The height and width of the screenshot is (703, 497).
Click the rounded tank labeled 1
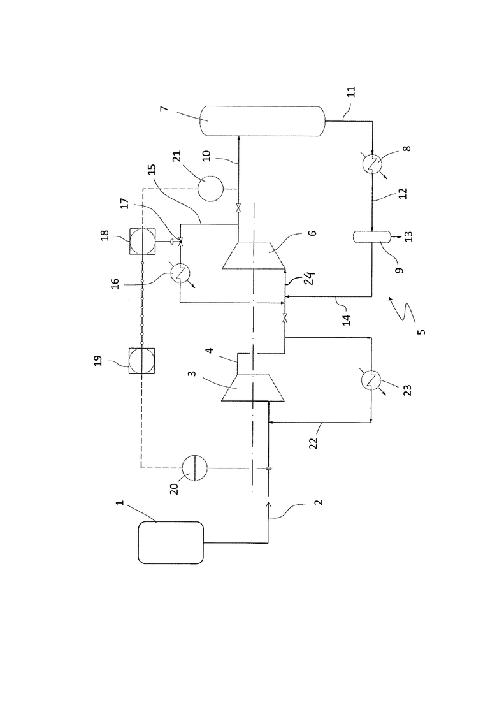click(170, 542)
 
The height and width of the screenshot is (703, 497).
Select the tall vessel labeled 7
click(262, 120)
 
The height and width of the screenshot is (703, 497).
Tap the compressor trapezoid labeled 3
click(253, 387)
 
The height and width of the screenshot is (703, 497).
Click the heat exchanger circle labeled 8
click(372, 164)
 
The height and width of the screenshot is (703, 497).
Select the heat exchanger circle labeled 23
click(371, 380)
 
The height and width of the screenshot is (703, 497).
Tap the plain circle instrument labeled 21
click(210, 189)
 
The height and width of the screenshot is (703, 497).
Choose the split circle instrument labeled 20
click(194, 468)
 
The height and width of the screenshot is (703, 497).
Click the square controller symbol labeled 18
click(143, 241)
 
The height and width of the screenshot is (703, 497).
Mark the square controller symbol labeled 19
click(143, 361)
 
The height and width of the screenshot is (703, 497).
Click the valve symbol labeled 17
click(180, 242)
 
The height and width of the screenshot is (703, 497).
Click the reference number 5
click(421, 332)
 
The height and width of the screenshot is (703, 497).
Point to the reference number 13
click(408, 236)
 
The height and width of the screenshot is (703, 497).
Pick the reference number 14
click(346, 320)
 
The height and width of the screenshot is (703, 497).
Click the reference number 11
click(352, 91)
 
